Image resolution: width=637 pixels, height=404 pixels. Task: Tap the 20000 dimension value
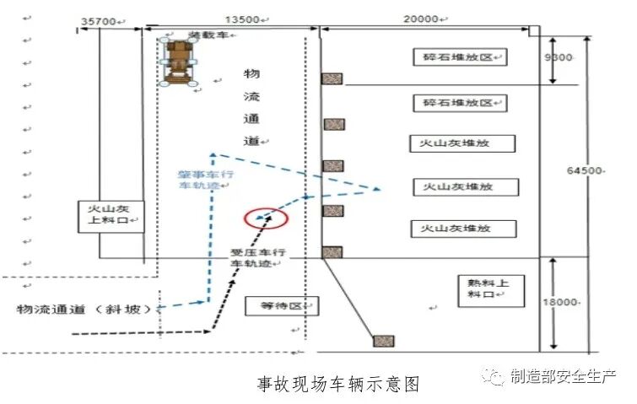coord(420,19)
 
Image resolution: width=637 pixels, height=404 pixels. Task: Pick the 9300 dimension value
coord(559,57)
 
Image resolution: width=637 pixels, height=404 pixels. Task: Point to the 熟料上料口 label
coord(480,288)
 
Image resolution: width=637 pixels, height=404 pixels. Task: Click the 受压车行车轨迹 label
coord(260,258)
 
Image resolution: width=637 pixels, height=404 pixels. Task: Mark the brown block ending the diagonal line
coord(384,341)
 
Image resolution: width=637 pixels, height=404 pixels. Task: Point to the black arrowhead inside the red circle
coord(269,215)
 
